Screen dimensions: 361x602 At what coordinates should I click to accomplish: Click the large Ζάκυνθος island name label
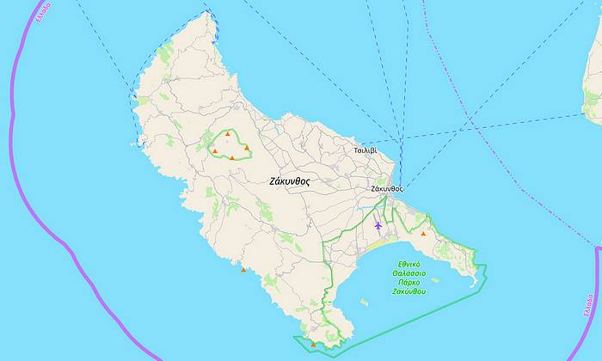pos(288,181)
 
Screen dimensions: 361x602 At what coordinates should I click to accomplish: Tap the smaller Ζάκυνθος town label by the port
pos(386,187)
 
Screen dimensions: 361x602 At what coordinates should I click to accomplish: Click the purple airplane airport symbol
pos(378,225)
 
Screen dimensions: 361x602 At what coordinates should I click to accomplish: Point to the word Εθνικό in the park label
pos(409,265)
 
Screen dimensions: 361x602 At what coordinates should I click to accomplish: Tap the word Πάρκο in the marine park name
pos(409,282)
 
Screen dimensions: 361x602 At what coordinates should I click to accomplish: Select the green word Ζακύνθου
pos(409,291)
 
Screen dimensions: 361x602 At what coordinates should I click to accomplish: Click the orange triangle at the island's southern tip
pos(312,345)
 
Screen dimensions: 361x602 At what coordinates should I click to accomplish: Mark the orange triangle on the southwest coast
pos(243,270)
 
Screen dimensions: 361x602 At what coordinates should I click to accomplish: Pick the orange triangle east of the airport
pos(423,233)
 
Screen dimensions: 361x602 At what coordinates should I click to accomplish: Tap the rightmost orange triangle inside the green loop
pos(247,148)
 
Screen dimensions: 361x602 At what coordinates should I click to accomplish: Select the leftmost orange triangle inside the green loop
pos(214,151)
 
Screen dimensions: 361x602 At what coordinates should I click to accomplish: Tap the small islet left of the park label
pos(365,301)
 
